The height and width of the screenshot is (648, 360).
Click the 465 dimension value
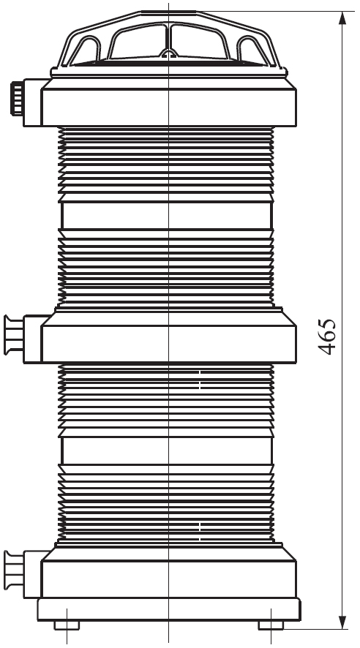point(327,336)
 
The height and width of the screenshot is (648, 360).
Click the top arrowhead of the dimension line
point(342,18)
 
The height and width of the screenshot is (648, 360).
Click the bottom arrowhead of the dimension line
point(342,622)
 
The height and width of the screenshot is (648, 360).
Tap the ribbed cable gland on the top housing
point(17,98)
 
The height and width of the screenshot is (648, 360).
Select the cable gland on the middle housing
point(14,335)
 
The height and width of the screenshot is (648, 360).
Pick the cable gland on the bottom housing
point(14,570)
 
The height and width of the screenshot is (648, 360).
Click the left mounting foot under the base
point(67,625)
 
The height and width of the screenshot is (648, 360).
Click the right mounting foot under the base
point(271,625)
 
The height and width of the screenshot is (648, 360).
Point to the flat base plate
point(168,609)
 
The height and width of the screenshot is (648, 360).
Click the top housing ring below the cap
point(168,102)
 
